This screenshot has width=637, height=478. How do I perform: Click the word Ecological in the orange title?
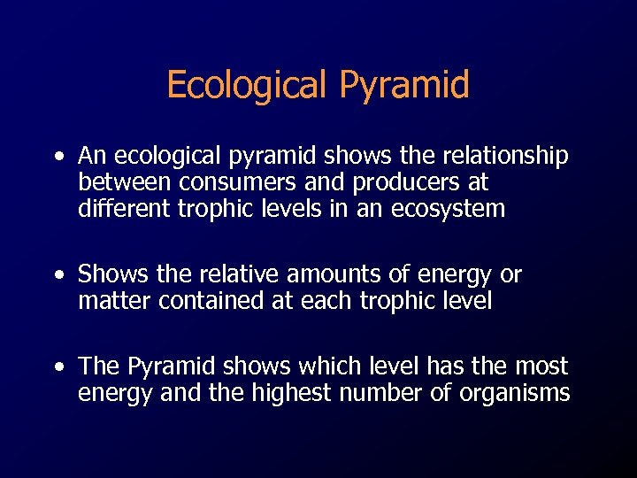click(x=243, y=86)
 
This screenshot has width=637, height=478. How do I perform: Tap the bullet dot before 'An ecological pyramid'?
click(x=58, y=158)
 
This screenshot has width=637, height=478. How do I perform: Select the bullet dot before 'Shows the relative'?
click(x=58, y=276)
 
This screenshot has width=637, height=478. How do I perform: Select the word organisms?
click(x=514, y=393)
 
